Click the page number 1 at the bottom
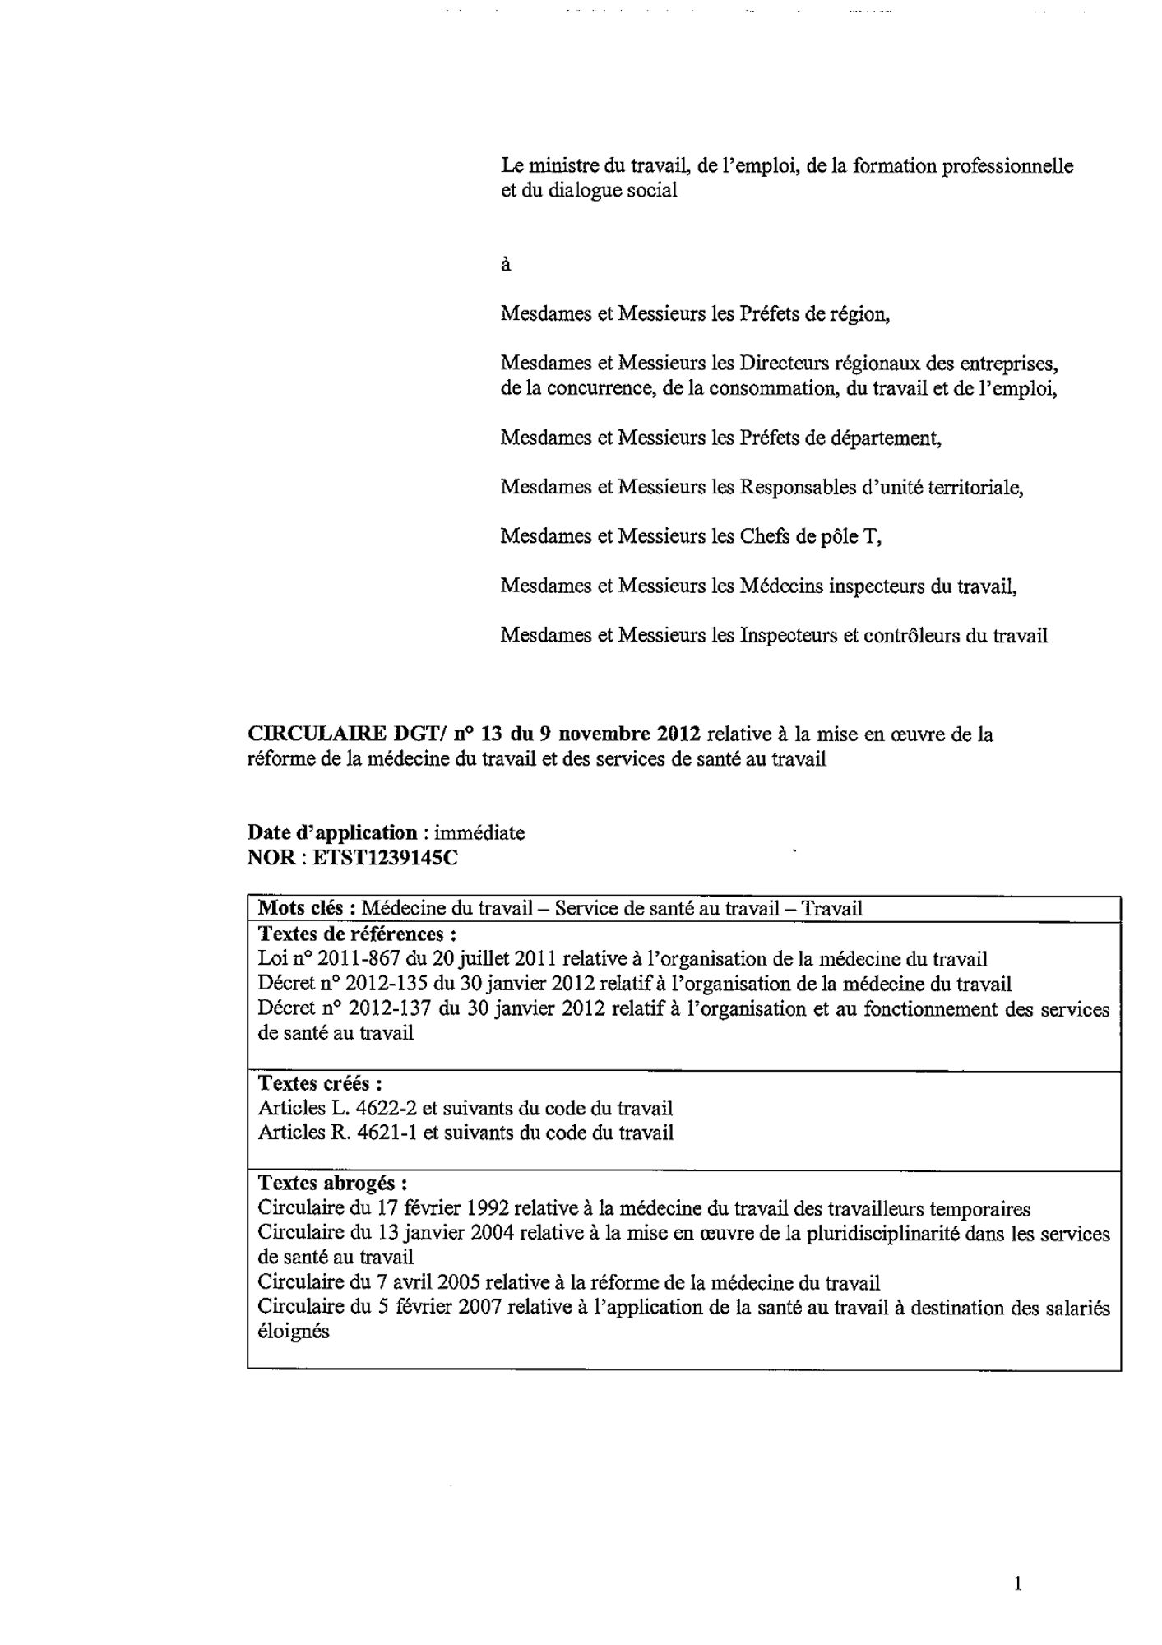[x=1018, y=1582]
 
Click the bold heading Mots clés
[x=305, y=908]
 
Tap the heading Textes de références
[x=357, y=934]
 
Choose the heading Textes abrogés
[x=331, y=1183]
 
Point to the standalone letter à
[x=506, y=265]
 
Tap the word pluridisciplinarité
[x=879, y=1234]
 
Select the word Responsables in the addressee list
[x=798, y=487]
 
